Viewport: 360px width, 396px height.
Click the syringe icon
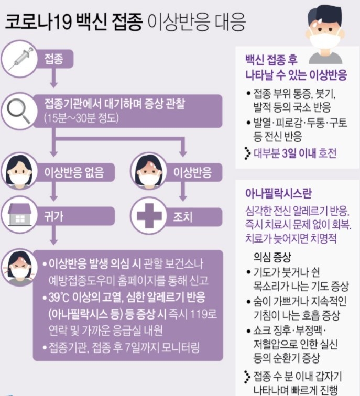tap(21, 59)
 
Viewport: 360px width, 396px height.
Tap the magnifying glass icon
tap(18, 111)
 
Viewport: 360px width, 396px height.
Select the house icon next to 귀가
tap(20, 215)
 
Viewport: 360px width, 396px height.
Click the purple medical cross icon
tap(149, 216)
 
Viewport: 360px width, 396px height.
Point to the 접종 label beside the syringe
tap(53, 59)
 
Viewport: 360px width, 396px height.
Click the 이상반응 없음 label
tap(74, 172)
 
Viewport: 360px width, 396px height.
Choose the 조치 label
tap(183, 216)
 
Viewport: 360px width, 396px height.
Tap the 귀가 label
tap(53, 216)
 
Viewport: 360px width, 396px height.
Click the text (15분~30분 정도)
tap(81, 118)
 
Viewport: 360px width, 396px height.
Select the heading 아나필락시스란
tap(278, 193)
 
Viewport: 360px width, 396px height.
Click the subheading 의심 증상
tap(272, 257)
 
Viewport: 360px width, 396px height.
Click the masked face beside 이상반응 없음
tap(19, 172)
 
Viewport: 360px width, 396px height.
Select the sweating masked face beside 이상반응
tap(149, 172)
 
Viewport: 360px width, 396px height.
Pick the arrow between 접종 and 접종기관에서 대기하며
tap(53, 78)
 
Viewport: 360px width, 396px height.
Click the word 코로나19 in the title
tap(38, 21)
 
